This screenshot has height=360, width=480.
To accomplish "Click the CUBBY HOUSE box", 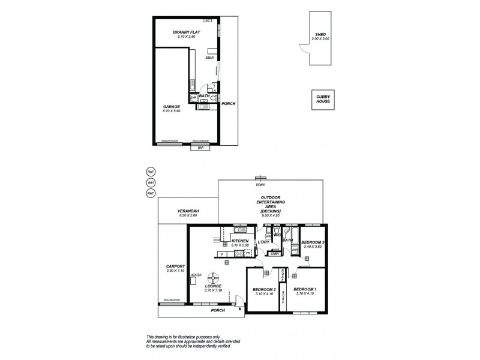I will pyautogui.click(x=323, y=99).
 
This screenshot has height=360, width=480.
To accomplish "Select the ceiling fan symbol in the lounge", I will pyautogui.click(x=213, y=277).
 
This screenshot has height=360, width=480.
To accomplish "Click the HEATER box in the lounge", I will pyautogui.click(x=196, y=275).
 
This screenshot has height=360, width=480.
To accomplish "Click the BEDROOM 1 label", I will pyautogui.click(x=304, y=290).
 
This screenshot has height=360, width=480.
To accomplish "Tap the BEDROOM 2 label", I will pyautogui.click(x=264, y=290).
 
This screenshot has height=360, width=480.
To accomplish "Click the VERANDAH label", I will pyautogui.click(x=188, y=212).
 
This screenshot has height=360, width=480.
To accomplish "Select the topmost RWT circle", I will pyautogui.click(x=151, y=171).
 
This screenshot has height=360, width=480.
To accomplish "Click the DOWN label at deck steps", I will pyautogui.click(x=260, y=185).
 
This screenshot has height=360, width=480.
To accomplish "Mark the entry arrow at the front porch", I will pyautogui.click(x=241, y=308).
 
